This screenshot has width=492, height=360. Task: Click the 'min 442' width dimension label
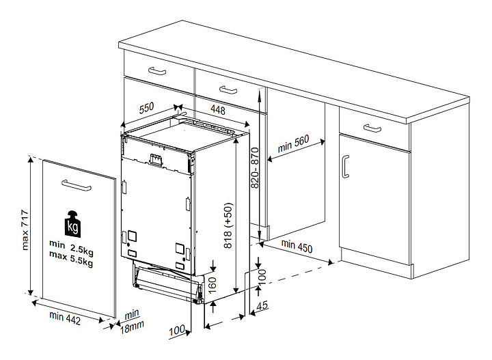(66, 318)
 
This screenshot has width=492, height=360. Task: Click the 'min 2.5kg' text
(71, 243)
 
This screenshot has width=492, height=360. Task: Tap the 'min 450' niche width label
(295, 246)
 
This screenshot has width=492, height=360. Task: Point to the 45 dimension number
(261, 308)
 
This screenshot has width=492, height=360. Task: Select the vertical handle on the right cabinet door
(346, 166)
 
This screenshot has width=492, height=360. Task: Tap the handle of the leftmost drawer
(157, 71)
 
